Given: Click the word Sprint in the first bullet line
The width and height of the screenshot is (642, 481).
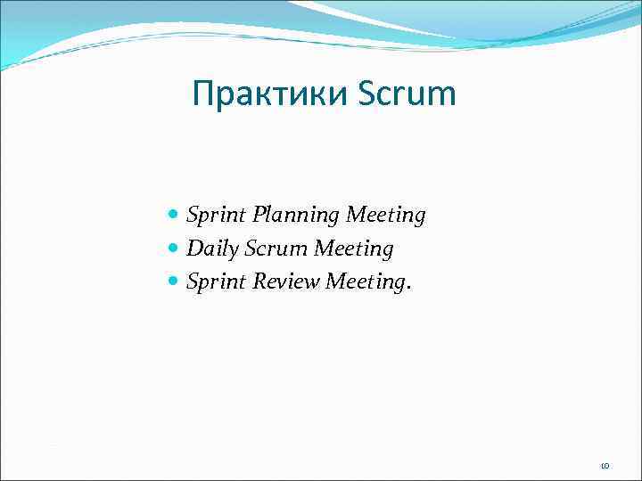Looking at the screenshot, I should [217, 216].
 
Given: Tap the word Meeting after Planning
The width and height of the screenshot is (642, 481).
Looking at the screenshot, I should [386, 216].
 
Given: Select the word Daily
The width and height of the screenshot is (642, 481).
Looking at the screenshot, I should [210, 249].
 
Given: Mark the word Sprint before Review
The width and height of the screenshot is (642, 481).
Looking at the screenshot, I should [217, 282].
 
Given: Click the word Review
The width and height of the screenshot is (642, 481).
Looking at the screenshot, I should [287, 282].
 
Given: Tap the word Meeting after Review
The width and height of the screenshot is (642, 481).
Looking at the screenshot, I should [366, 282].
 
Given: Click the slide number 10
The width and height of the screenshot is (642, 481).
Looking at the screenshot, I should [604, 466].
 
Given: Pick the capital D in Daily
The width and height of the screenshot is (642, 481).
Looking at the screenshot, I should [193, 249].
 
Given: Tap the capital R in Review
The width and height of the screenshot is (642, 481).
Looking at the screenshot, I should [261, 282].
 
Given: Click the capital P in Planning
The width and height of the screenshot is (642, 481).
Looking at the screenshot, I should [259, 216].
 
